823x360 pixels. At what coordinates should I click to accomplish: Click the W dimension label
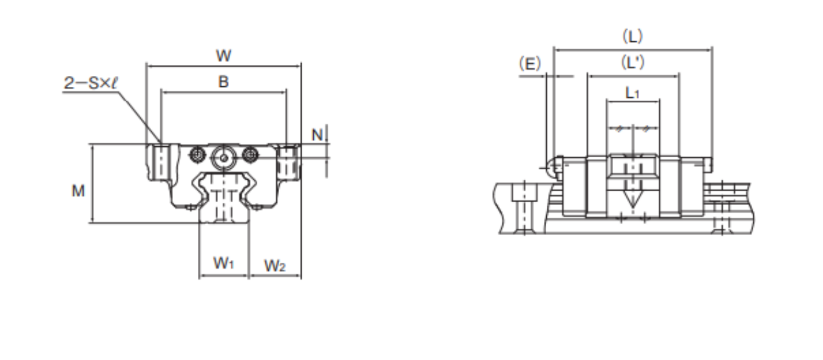pyautogui.click(x=223, y=56)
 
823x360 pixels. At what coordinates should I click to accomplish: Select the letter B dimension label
pyautogui.click(x=223, y=81)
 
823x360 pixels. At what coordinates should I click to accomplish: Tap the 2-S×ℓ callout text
pyautogui.click(x=91, y=83)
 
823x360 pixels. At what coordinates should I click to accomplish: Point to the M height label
pyautogui.click(x=78, y=191)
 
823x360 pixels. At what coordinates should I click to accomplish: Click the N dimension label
pyautogui.click(x=317, y=135)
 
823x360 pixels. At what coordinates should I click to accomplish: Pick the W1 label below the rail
pyautogui.click(x=223, y=263)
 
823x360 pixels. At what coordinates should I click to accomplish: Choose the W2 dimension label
pyautogui.click(x=274, y=265)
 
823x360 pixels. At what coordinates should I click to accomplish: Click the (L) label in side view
pyautogui.click(x=632, y=36)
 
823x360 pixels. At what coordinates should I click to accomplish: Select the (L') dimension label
pyautogui.click(x=632, y=63)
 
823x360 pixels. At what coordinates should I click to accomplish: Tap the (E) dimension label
pyautogui.click(x=530, y=64)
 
